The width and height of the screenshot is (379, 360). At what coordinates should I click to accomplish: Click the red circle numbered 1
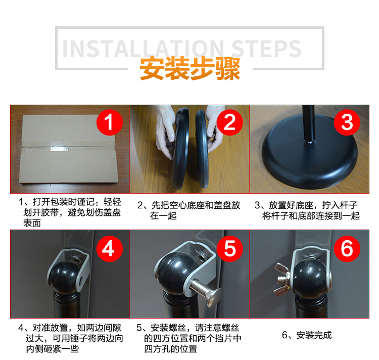pyautogui.click(x=110, y=122)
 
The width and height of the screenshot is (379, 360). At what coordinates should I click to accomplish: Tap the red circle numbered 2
pyautogui.click(x=229, y=122)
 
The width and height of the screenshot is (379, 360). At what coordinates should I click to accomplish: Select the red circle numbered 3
pyautogui.click(x=347, y=122)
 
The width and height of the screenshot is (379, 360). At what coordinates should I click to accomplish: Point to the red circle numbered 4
pyautogui.click(x=110, y=249)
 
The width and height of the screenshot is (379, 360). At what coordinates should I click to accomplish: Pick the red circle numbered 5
pyautogui.click(x=229, y=249)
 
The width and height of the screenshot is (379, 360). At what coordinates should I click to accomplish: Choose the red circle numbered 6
pyautogui.click(x=347, y=249)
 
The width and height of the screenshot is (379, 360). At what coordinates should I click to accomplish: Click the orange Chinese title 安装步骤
pyautogui.click(x=190, y=68)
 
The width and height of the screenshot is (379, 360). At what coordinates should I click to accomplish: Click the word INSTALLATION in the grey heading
pyautogui.click(x=143, y=49)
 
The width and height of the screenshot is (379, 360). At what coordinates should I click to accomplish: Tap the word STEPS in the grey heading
pyautogui.click(x=266, y=49)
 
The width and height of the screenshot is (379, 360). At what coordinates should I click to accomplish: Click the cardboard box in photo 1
pyautogui.click(x=68, y=149)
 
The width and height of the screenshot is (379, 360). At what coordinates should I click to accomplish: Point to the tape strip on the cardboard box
pyautogui.click(x=68, y=147)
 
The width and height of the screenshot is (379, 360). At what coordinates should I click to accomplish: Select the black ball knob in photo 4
pyautogui.click(x=63, y=278)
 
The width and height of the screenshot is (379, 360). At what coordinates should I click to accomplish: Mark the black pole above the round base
pyautogui.click(x=309, y=124)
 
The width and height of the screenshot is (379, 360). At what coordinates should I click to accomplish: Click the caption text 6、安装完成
pyautogui.click(x=307, y=335)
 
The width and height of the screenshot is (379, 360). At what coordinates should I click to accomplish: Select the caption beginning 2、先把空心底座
pyautogui.click(x=189, y=210)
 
